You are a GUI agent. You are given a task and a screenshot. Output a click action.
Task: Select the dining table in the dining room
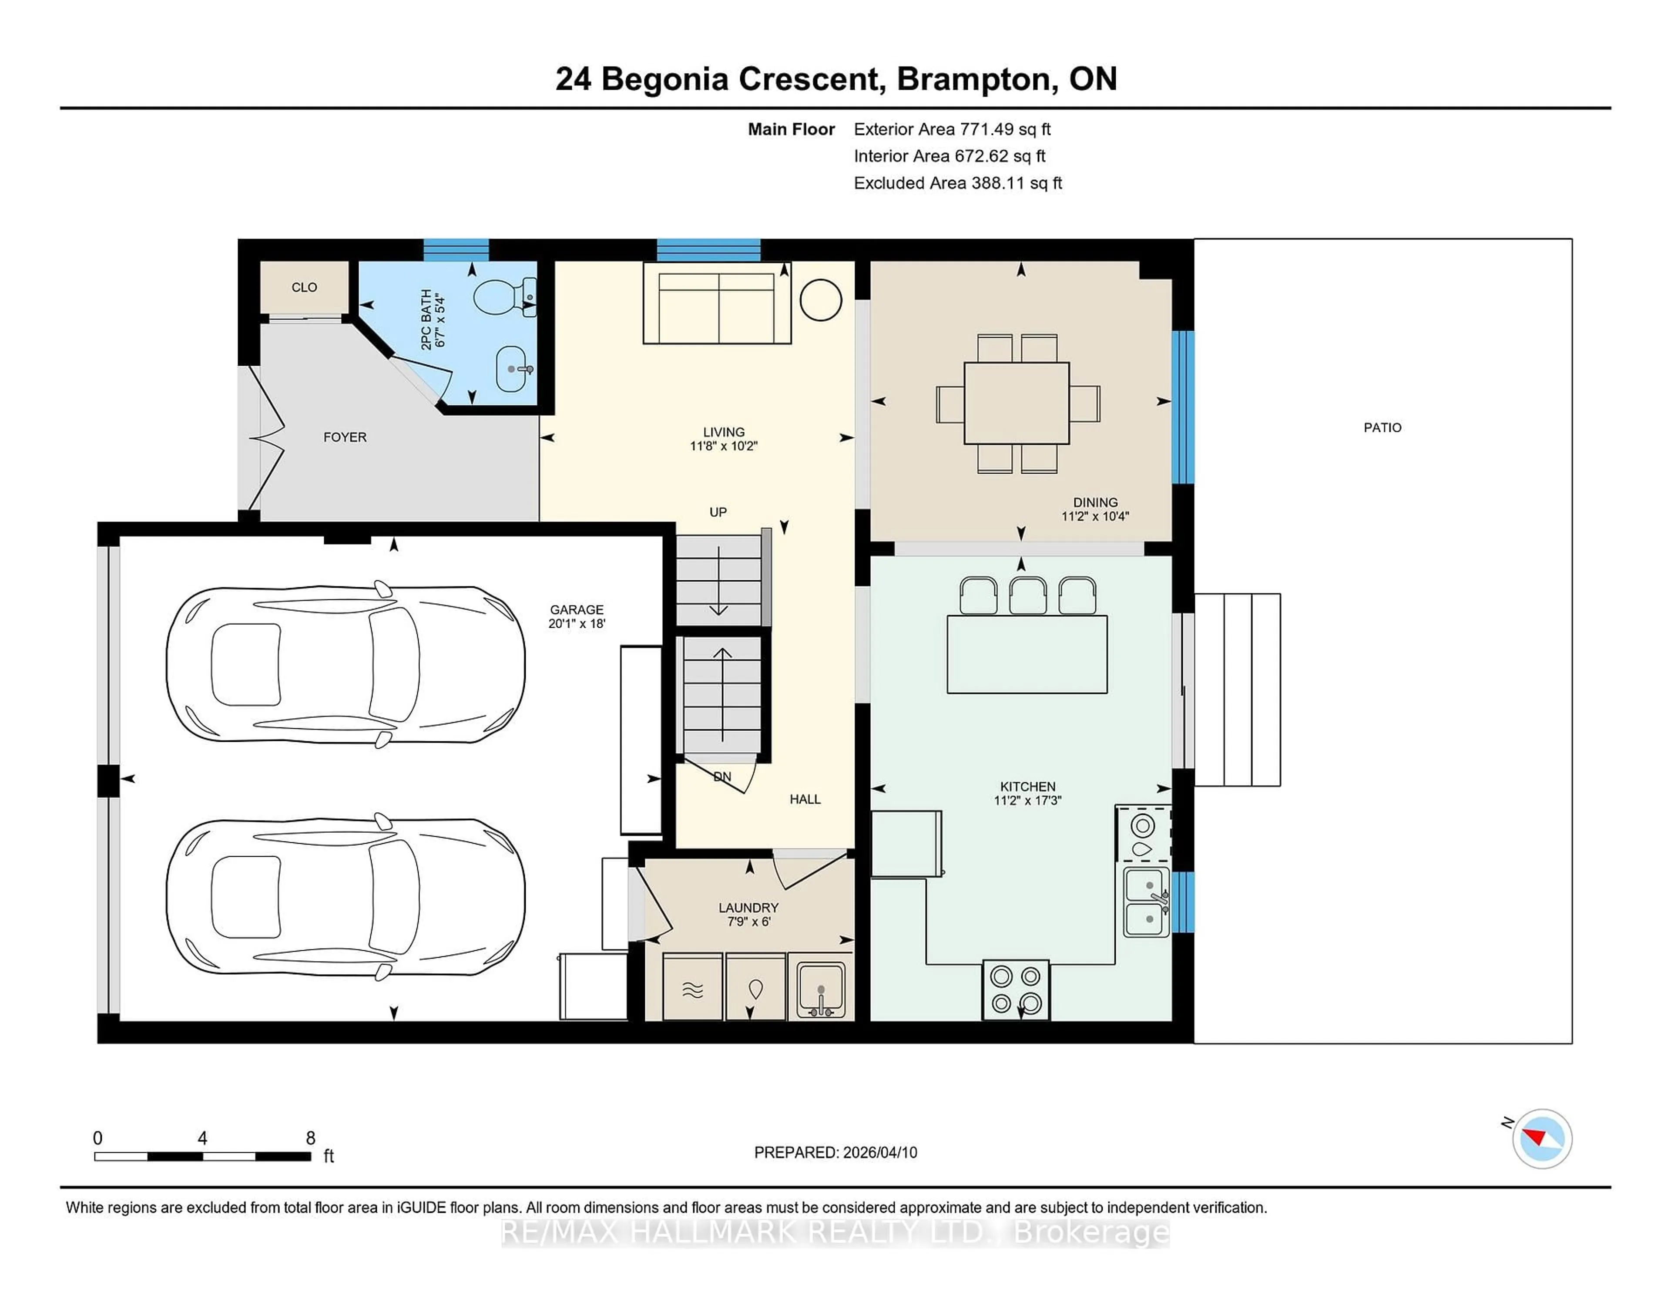coord(1016,403)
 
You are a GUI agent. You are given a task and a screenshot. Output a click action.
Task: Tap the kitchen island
coord(1027,654)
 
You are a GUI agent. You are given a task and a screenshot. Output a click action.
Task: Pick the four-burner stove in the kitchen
coord(1015,989)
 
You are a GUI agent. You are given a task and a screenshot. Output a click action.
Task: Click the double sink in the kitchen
coord(1145,902)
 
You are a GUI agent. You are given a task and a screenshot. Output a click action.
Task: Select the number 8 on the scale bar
coord(311,1138)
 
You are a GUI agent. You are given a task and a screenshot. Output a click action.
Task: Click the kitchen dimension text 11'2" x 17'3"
coord(1027,801)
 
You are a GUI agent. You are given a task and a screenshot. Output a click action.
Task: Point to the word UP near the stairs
coord(718,512)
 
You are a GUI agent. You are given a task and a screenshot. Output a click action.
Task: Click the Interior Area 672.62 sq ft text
coord(949,156)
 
